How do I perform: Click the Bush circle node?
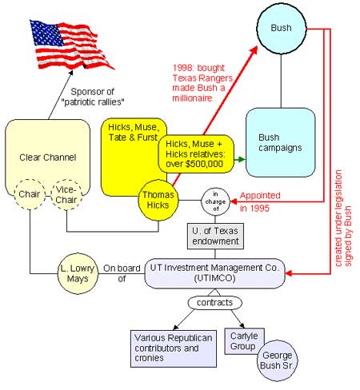click(x=282, y=28)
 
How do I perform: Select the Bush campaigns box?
click(x=281, y=142)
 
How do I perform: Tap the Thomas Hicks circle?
click(x=158, y=201)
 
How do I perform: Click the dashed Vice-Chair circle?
click(x=66, y=195)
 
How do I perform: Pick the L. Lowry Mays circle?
click(x=78, y=273)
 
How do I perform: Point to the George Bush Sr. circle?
click(x=278, y=360)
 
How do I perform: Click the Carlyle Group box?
click(x=245, y=341)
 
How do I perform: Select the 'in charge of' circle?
click(x=215, y=201)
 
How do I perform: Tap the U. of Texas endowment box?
click(x=215, y=236)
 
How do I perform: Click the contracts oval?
click(x=215, y=303)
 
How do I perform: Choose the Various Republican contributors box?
click(x=174, y=348)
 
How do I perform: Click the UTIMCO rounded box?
click(x=215, y=273)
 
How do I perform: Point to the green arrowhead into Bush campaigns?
click(x=242, y=160)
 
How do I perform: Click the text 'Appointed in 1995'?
click(x=260, y=201)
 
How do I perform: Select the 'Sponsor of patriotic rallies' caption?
click(x=93, y=97)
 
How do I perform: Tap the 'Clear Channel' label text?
click(x=48, y=157)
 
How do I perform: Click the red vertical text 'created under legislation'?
click(x=338, y=218)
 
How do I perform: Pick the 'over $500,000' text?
click(x=194, y=164)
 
